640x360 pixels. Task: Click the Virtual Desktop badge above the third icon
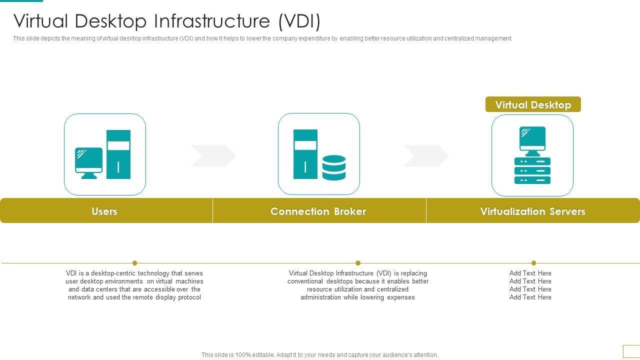[x=533, y=104]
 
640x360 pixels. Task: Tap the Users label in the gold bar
[x=104, y=211]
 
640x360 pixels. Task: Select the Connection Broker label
[x=318, y=211]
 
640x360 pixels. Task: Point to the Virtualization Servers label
[x=532, y=211]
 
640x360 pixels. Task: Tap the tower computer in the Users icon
[x=118, y=154]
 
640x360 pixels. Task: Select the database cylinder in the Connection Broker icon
[x=334, y=167]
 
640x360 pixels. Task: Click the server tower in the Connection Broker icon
[x=305, y=154]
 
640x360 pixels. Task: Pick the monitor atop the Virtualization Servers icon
[x=532, y=139]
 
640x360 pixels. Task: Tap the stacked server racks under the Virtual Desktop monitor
[x=532, y=171]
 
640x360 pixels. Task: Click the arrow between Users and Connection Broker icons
[x=213, y=156]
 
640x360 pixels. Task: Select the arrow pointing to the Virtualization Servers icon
[x=426, y=156]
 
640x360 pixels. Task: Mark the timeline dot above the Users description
[x=135, y=263]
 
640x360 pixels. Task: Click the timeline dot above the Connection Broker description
[x=358, y=263]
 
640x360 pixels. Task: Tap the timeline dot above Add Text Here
[x=533, y=263]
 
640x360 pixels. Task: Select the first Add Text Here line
[x=530, y=273]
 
